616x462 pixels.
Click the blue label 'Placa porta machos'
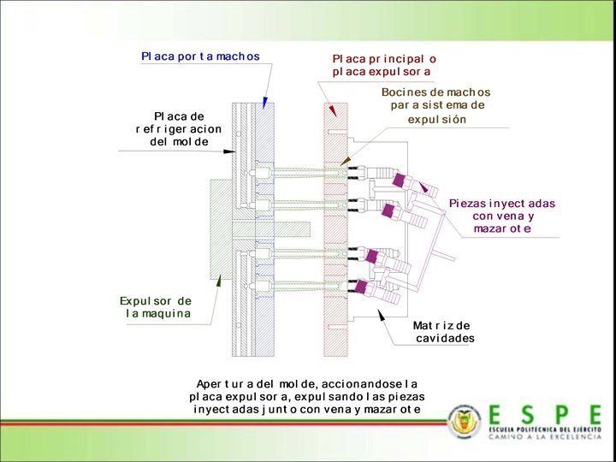point(200,56)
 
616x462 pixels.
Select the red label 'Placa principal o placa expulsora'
point(384,65)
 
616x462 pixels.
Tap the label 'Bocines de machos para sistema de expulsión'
point(435,105)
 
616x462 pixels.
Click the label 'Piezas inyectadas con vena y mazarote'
point(502,216)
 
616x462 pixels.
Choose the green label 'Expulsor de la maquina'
point(156,307)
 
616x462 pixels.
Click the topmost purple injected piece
point(399,181)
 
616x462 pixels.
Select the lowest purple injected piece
point(363,287)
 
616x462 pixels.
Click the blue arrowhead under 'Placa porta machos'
point(265,102)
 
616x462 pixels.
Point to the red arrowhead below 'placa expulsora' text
point(331,110)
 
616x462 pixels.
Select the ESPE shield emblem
point(465,420)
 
